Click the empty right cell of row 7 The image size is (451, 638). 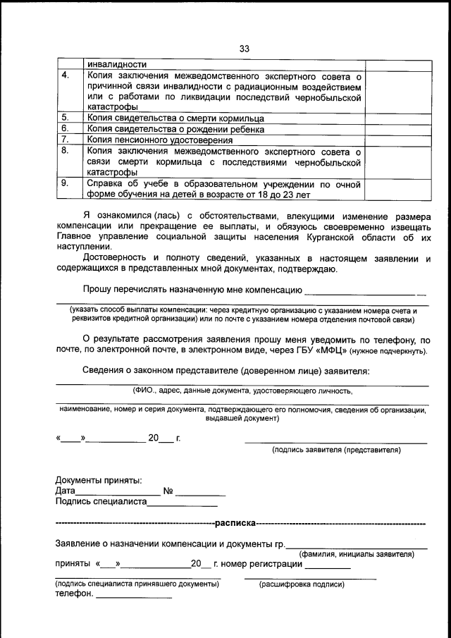(x=398, y=140)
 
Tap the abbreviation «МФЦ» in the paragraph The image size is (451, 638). (x=332, y=350)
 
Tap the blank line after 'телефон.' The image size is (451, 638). (x=133, y=596)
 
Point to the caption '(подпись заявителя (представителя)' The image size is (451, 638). (x=336, y=448)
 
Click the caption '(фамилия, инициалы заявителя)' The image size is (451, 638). (x=357, y=554)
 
